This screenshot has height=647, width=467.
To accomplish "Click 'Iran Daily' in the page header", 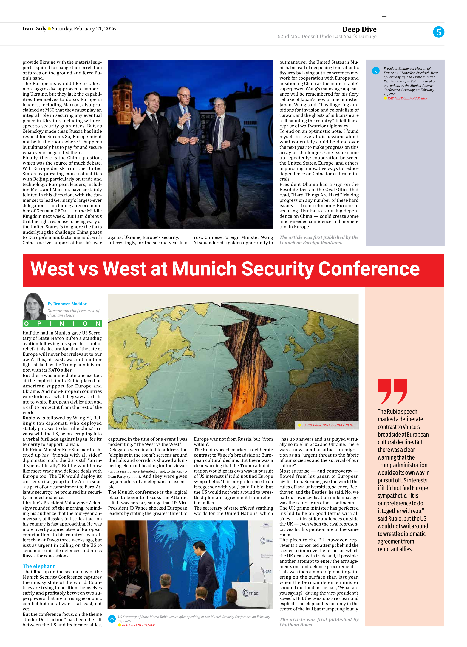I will pos(34,29).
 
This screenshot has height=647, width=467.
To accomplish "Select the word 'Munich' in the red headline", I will pos(204,269).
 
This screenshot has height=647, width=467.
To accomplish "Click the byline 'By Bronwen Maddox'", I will pos(67,304).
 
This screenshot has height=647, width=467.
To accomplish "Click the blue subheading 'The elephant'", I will pos(38,566).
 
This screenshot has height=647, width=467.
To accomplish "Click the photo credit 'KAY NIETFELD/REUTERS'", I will pos(407,98).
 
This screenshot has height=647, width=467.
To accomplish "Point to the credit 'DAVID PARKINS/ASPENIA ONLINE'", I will pos(328,425).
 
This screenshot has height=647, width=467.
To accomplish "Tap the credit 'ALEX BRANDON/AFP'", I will pos(138,625).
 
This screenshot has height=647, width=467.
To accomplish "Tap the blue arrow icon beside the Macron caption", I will pos(376,71).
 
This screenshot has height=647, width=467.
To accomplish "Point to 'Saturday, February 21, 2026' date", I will pos(84,29).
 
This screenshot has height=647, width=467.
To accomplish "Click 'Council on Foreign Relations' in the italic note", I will pos(310,243).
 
